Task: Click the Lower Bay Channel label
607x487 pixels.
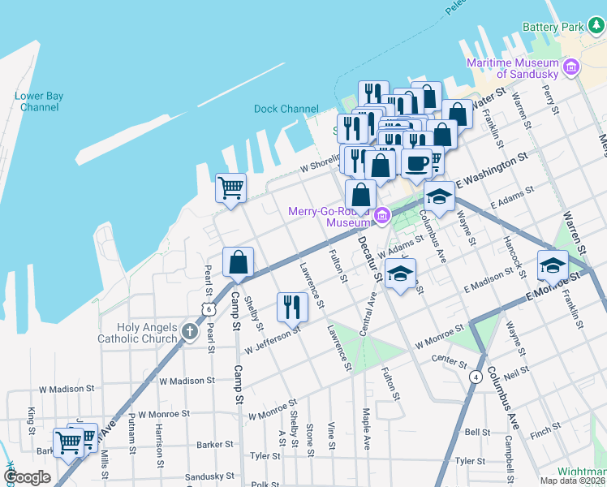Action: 39,101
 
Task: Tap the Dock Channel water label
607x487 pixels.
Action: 286,109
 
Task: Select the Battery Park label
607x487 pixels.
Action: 553,27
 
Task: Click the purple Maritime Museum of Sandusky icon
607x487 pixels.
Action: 571,67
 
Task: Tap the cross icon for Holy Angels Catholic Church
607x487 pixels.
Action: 189,330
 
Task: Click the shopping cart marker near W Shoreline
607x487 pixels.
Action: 230,188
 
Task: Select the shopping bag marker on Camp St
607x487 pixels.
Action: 238,263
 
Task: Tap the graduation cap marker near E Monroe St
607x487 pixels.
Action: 552,265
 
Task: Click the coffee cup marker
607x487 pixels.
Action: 416,163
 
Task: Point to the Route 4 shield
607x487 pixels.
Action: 474,377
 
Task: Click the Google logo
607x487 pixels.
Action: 27,476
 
